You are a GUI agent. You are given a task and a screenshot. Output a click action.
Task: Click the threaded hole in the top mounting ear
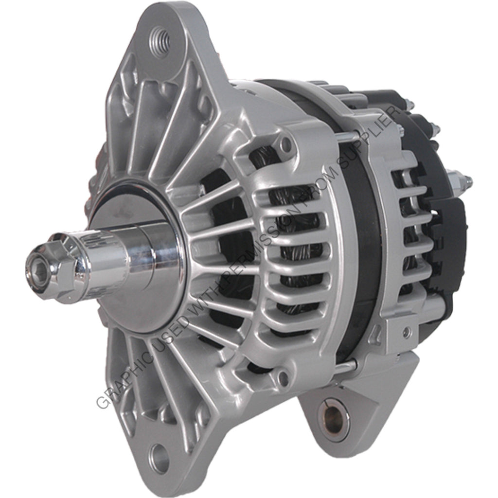[160, 37]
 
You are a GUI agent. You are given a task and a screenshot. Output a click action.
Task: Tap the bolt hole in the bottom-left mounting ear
[159, 457]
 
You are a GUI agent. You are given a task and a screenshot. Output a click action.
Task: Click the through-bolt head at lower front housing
[283, 376]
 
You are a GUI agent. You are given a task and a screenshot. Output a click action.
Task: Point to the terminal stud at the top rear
[409, 105]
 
